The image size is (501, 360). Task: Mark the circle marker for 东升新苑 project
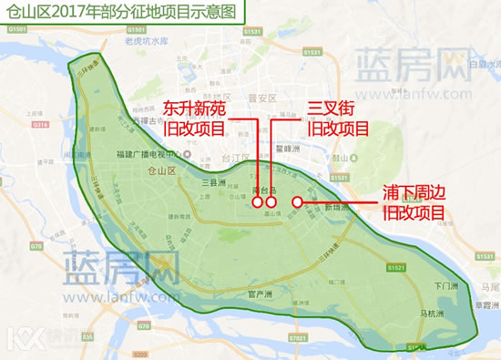pos(258,202)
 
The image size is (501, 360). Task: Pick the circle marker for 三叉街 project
pos(271,202)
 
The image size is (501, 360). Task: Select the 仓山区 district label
pos(159,170)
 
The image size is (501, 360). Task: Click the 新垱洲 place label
pos(337,208)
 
